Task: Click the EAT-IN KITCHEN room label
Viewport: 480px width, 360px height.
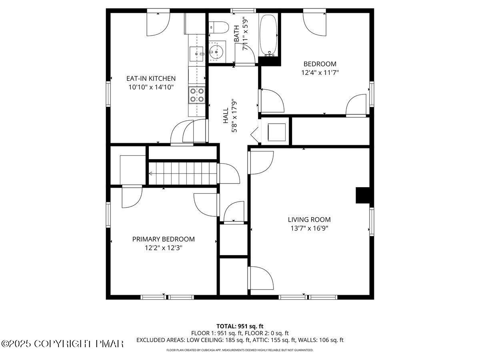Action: tap(151, 78)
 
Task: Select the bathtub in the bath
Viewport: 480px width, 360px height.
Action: tap(268, 35)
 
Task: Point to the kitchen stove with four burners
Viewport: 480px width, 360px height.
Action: tap(197, 95)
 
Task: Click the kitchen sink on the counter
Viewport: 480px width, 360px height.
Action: tap(196, 53)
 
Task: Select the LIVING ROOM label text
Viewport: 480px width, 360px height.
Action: tap(309, 219)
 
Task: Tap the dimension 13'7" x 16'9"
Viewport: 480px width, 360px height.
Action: tap(309, 228)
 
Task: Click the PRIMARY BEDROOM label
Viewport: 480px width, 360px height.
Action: tap(164, 239)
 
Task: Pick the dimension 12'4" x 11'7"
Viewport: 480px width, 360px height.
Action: tap(320, 73)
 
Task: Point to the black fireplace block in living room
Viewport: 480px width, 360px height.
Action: tap(363, 196)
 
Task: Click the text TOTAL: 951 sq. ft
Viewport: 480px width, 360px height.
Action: tap(240, 326)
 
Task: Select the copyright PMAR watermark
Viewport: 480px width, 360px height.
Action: tap(62, 344)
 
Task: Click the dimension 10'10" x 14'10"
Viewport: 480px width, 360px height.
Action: tap(151, 87)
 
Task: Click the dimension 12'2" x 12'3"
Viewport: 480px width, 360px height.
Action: tap(164, 248)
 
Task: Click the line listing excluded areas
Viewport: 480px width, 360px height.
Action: tap(240, 340)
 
